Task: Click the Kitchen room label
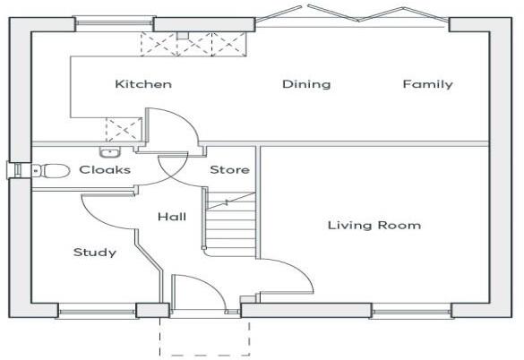(143, 84)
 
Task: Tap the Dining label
(306, 84)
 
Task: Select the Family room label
(427, 84)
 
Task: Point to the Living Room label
(374, 225)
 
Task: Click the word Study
(94, 253)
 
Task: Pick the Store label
(229, 169)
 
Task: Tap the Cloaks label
(105, 169)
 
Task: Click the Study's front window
(97, 312)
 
